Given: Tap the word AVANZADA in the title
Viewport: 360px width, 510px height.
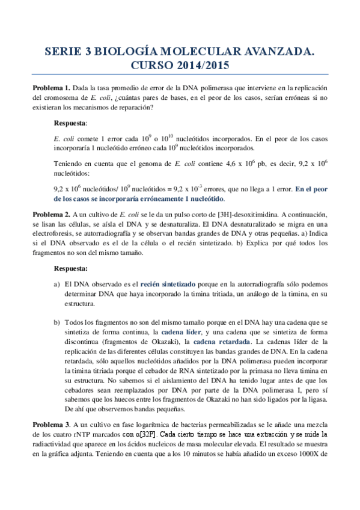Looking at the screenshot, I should tap(274, 53).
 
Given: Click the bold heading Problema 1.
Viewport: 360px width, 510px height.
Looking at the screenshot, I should tap(51, 87).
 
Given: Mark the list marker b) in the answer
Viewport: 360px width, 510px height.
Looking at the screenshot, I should tap(57, 322).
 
